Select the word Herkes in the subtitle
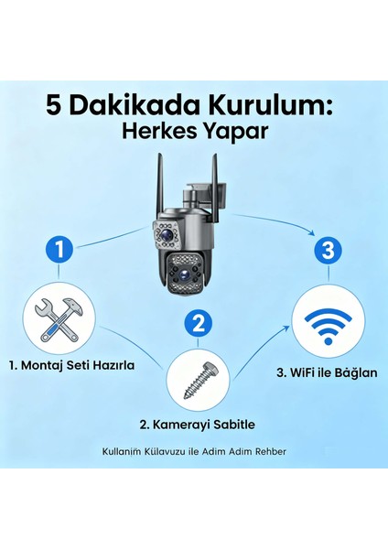[156, 131]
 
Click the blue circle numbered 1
[60, 248]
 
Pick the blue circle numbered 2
[199, 323]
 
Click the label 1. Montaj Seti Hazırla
[72, 364]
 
